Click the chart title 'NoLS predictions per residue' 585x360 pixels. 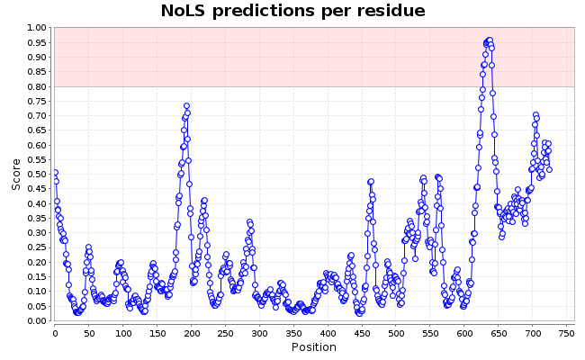pos(292,11)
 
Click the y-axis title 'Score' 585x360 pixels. pos(16,175)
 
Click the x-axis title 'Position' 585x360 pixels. pos(314,347)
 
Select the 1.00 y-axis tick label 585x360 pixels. pos(37,28)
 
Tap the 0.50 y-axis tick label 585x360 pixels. pos(37,175)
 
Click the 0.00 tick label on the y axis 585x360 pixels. pos(37,320)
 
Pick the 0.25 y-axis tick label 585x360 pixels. pos(37,247)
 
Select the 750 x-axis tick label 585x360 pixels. pos(566,334)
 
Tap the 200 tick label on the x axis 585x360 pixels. pos(192,334)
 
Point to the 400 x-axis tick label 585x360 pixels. pos(328,334)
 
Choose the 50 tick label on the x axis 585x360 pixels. pos(89,334)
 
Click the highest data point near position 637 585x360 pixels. pos(490,40)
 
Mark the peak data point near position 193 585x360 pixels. pos(186,106)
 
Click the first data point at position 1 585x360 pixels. pos(55,173)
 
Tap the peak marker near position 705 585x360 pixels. pos(535,115)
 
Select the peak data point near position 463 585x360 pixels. pos(371,182)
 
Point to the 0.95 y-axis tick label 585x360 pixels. pos(37,42)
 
